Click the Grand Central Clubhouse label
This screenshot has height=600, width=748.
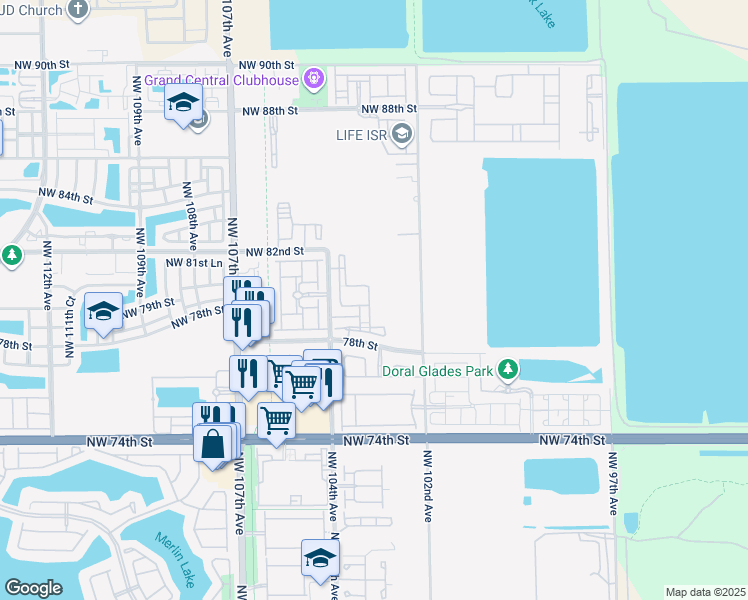tap(223, 79)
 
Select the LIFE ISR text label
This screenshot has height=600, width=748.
tap(363, 133)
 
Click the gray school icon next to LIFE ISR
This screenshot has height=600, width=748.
tap(402, 133)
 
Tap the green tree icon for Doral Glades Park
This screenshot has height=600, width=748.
tap(509, 371)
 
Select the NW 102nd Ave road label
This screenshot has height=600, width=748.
tap(428, 484)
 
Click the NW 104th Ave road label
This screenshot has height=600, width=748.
tap(332, 484)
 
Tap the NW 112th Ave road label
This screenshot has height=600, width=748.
tap(47, 275)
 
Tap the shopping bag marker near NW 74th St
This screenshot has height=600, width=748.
tap(215, 442)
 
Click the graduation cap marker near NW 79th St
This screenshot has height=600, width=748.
tap(103, 312)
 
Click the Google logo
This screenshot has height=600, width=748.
tap(32, 587)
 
